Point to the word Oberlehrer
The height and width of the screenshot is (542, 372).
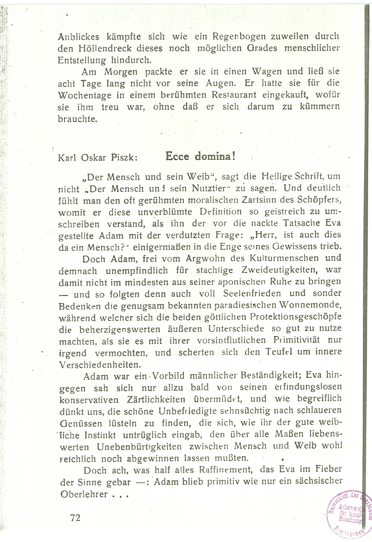pyautogui.click(x=84, y=494)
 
